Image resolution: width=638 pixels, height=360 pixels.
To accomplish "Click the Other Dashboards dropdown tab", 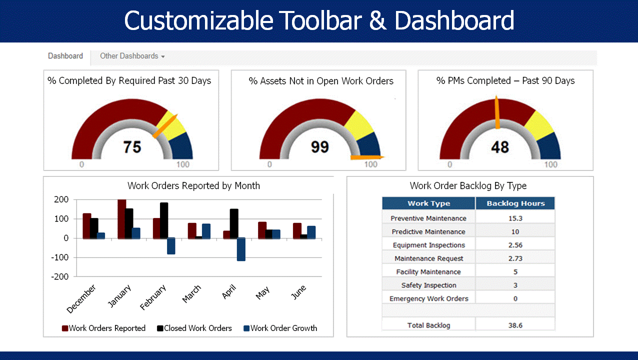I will click(131, 56).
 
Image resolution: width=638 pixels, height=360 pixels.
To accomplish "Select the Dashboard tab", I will click(65, 56).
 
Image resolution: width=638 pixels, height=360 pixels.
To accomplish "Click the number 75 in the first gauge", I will click(132, 147).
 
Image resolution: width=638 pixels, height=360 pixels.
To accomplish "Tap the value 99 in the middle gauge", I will click(319, 147).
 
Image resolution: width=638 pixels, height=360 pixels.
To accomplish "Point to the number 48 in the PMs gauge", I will click(499, 147).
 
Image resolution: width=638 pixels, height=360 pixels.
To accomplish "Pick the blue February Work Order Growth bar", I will click(171, 246).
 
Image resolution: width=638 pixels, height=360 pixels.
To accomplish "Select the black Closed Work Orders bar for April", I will click(234, 223).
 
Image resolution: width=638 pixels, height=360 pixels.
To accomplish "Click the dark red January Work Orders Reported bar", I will click(121, 219).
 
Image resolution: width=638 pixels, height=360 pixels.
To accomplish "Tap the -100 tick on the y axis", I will click(59, 257).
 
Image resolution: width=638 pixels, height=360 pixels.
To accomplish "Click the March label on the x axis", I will click(192, 293).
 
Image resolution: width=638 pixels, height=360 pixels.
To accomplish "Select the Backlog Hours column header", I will click(515, 203).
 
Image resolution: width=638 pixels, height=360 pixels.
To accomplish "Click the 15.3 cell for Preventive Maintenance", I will click(515, 218).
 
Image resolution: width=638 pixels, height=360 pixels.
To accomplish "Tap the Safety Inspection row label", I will click(428, 285).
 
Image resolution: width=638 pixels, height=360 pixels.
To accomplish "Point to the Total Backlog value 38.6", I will click(515, 325).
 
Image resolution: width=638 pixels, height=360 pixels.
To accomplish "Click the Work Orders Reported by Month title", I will click(193, 186).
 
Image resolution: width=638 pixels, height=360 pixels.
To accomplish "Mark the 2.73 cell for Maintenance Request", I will click(515, 258).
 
